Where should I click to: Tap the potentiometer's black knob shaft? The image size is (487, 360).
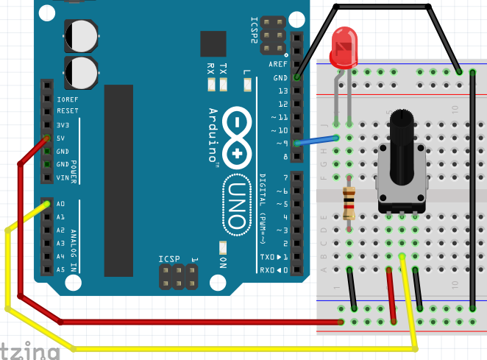click(x=401, y=147)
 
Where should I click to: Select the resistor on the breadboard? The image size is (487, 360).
click(x=349, y=203)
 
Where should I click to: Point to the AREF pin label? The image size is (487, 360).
click(x=278, y=65)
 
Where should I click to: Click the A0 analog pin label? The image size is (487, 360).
click(x=61, y=204)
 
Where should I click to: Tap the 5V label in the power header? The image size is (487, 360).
click(x=61, y=138)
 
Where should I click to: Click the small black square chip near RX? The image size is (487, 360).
click(x=213, y=44)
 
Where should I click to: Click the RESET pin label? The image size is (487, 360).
click(x=67, y=111)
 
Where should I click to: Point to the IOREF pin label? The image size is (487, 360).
click(x=67, y=99)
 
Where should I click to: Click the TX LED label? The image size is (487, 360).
click(x=224, y=69)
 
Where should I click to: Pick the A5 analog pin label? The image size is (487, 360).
click(x=61, y=269)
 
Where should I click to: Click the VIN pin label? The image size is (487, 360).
click(x=63, y=177)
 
